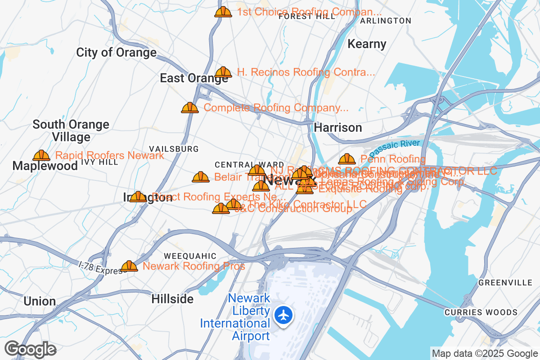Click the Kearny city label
pos(367,44)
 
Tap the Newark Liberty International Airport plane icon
pos(283,315)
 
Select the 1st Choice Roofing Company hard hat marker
pos(223,12)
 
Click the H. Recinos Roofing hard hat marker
pos(223,72)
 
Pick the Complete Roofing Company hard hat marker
pos(190,108)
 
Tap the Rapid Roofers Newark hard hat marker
pos(41,156)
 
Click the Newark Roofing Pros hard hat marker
pos(129,266)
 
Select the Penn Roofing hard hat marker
pos(346,159)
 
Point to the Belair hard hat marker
pos(201,177)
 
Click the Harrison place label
pos(338,128)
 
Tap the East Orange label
pos(194,78)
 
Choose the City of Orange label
pos(116,53)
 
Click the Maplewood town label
pos(45,166)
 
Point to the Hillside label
pos(172,299)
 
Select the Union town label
pos(40,301)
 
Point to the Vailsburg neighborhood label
pos(174,149)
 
